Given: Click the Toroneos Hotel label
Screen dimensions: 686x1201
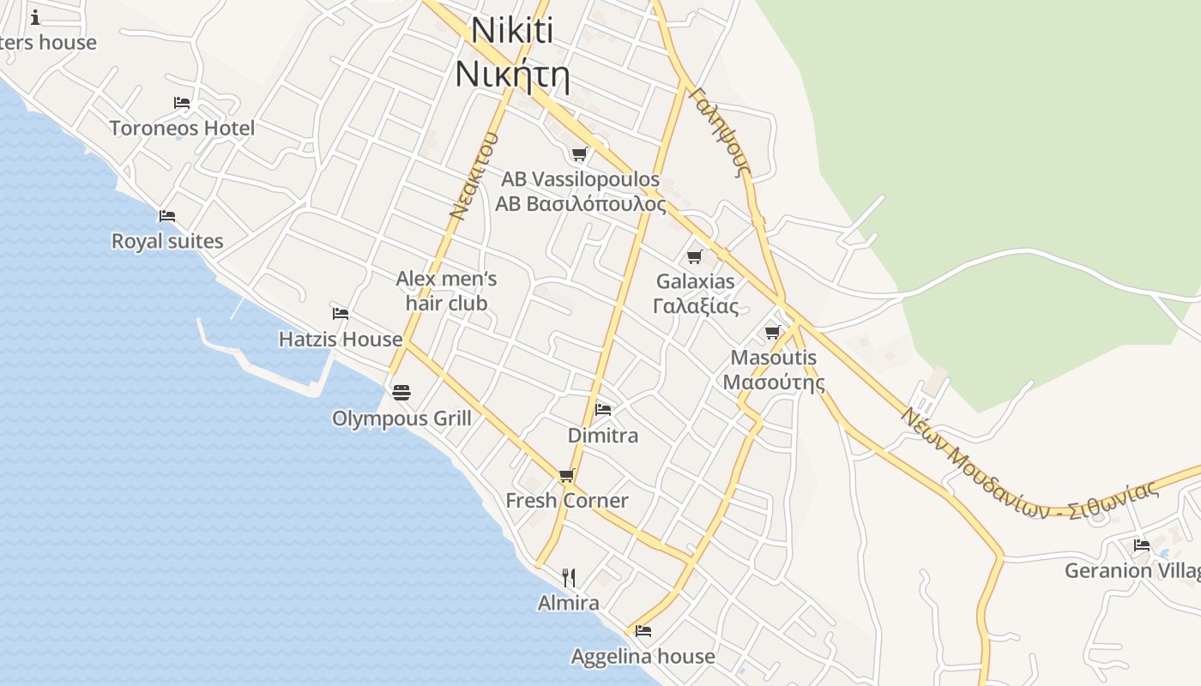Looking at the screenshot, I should (182, 129).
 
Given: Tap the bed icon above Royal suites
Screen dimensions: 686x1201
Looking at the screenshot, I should (167, 215).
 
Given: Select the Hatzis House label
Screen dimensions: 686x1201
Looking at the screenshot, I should (341, 340).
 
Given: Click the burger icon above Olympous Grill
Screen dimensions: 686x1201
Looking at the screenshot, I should (401, 393).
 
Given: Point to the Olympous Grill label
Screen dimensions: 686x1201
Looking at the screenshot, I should (401, 418).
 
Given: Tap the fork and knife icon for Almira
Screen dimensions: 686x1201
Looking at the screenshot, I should (568, 577).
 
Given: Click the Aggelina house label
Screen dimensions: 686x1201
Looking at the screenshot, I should (643, 657).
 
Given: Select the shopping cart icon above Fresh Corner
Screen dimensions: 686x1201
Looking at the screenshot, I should (566, 475).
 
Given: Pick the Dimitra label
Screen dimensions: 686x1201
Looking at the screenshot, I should (603, 436).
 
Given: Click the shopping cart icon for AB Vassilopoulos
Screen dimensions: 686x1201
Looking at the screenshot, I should (580, 154).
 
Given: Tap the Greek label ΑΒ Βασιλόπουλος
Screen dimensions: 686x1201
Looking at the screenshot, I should (581, 204).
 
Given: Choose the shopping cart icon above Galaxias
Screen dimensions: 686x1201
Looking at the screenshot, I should (695, 256).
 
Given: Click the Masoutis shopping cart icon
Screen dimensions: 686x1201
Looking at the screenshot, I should (773, 332).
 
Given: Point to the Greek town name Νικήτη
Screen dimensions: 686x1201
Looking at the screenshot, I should (512, 74).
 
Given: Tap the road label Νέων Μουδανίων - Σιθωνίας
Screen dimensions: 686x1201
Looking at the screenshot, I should (1029, 463).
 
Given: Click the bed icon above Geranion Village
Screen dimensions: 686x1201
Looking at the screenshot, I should (1141, 545).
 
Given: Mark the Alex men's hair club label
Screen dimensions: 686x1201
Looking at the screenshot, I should (446, 291).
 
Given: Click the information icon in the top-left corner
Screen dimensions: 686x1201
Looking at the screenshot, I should (35, 17).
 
